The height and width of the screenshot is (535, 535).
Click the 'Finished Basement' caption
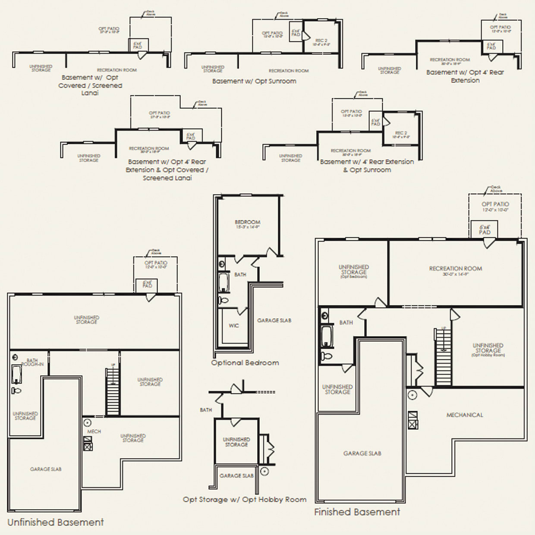[357, 512]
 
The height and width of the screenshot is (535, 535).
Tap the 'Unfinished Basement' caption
[56, 522]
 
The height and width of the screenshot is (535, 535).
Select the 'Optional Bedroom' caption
[245, 363]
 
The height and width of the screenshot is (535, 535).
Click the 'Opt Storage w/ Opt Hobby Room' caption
[245, 500]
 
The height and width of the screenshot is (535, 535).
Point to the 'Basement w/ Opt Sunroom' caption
[254, 81]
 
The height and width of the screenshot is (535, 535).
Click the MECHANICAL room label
[465, 415]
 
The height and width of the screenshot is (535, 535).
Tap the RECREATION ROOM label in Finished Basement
[455, 268]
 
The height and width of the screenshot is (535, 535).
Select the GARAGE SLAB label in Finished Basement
[362, 453]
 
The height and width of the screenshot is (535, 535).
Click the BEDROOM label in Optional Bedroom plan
[248, 222]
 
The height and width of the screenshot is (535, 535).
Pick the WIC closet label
[233, 326]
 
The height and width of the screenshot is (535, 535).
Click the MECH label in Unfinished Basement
[94, 431]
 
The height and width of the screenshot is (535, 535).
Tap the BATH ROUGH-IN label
[33, 362]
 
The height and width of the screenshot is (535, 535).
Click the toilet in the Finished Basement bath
[327, 356]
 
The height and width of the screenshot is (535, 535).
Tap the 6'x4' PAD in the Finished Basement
[485, 230]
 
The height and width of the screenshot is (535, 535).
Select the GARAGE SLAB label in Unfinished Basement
[45, 469]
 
